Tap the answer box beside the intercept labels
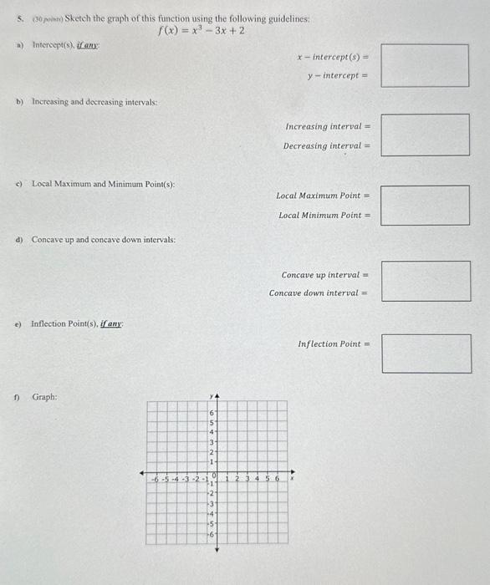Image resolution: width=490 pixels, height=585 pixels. [426, 65]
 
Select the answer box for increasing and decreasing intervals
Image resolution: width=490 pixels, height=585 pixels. [426, 135]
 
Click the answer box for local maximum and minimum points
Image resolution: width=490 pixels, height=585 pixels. [426, 205]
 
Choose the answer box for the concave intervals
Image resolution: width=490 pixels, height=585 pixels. [426, 282]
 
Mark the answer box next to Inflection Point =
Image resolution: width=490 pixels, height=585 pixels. [426, 354]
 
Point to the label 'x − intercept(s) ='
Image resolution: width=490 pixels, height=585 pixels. [333, 57]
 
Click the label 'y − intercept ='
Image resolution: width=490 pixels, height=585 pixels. [339, 75]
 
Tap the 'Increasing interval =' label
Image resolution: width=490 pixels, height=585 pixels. [328, 126]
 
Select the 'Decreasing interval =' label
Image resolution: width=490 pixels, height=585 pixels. [326, 145]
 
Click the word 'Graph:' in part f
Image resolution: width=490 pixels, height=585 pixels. [45, 398]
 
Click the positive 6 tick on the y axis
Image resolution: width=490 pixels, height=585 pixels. [212, 413]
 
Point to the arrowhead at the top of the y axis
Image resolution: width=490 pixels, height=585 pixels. [217, 397]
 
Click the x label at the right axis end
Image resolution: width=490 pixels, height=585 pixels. [292, 480]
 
